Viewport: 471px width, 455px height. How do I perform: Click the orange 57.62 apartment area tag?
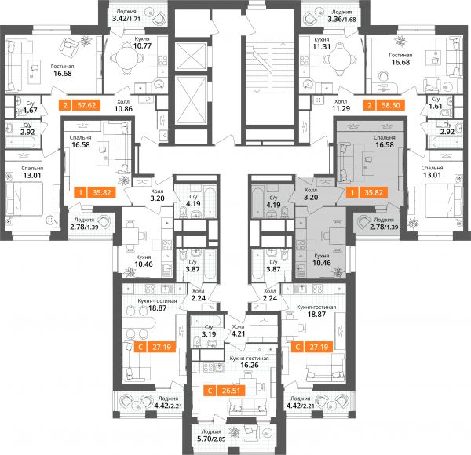(x=80, y=105)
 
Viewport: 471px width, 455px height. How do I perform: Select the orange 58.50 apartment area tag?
(x=384, y=105)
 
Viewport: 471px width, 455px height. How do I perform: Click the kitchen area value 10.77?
(x=142, y=46)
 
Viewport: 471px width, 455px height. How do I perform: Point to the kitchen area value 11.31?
(x=321, y=46)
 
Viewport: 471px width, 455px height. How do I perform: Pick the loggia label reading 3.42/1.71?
(x=126, y=19)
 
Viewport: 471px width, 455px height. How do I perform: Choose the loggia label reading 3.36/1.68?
(x=341, y=20)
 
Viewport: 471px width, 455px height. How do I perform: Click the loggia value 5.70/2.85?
(x=211, y=439)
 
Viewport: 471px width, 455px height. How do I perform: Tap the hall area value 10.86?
(x=123, y=108)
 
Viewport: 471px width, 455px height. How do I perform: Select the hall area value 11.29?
(x=341, y=108)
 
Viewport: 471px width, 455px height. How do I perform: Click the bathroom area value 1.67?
(x=31, y=110)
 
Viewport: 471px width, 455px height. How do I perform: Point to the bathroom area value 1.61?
(x=436, y=106)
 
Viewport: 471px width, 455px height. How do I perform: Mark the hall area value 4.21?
(x=238, y=333)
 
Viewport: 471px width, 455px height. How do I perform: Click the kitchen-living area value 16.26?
(x=250, y=365)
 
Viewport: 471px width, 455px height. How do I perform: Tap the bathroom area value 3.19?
(x=209, y=334)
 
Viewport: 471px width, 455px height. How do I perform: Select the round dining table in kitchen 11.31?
(x=338, y=59)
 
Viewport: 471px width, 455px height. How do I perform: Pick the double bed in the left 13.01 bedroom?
(x=24, y=198)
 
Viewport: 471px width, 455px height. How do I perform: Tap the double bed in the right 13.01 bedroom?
(x=444, y=200)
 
